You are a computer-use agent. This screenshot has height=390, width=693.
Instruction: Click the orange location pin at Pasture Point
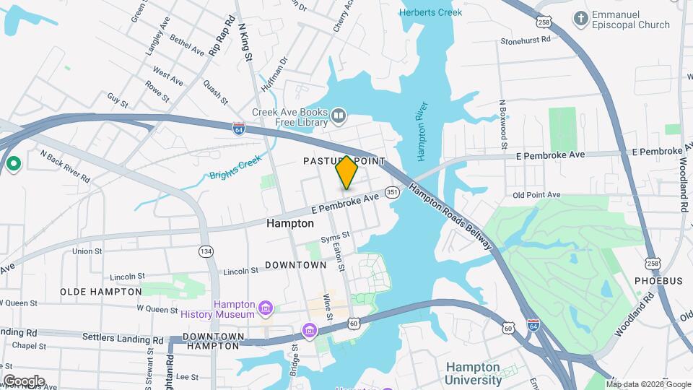pos(346,173)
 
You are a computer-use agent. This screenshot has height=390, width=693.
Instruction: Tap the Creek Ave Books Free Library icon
pos(339,115)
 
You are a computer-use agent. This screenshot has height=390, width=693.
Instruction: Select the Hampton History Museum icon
pos(266,310)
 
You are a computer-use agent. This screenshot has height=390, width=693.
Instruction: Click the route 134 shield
pos(206,251)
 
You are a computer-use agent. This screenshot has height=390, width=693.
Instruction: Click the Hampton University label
pos(474,373)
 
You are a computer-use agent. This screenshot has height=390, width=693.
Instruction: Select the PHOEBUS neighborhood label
pos(658,280)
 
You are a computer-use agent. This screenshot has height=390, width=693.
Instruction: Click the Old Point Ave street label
pos(536,195)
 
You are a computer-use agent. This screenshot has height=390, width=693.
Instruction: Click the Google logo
pos(23,381)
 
